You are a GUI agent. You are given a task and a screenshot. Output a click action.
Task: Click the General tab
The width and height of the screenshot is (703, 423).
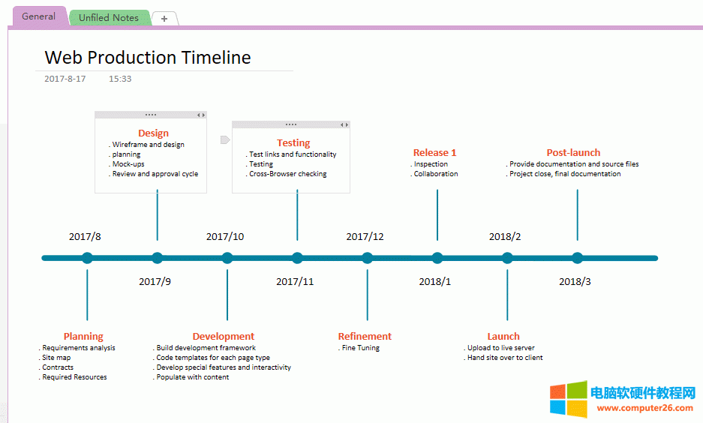pyautogui.click(x=38, y=16)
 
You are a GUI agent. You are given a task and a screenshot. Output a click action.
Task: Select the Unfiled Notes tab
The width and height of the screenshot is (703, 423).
pyautogui.click(x=109, y=18)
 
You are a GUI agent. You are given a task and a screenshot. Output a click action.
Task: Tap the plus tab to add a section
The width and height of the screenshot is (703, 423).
pyautogui.click(x=164, y=19)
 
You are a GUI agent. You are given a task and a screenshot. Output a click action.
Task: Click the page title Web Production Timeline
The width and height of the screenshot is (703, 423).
pyautogui.click(x=148, y=58)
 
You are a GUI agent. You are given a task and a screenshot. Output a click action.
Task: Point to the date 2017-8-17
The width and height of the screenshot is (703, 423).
pyautogui.click(x=65, y=79)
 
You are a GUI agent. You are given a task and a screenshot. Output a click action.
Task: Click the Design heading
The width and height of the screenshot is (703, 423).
pyautogui.click(x=153, y=133)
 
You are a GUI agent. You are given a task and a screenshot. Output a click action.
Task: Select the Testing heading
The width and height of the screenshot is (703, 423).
pyautogui.click(x=293, y=142)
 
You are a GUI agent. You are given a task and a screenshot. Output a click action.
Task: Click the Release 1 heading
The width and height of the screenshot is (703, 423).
pyautogui.click(x=434, y=153)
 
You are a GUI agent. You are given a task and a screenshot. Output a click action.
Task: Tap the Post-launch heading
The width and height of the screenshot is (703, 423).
pyautogui.click(x=573, y=153)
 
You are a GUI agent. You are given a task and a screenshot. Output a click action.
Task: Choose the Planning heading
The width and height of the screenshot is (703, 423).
pyautogui.click(x=83, y=337)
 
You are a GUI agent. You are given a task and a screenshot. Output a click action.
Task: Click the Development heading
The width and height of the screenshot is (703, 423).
pyautogui.click(x=224, y=337)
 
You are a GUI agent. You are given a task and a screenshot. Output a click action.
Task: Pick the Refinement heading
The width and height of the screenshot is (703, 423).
pyautogui.click(x=365, y=337)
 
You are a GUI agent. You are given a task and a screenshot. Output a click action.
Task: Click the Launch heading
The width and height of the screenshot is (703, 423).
pyautogui.click(x=503, y=337)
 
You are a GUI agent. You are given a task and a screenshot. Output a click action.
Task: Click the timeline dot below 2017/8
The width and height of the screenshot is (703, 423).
pyautogui.click(x=87, y=258)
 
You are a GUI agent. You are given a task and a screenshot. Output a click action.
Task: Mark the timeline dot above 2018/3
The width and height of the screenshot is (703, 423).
pyautogui.click(x=577, y=258)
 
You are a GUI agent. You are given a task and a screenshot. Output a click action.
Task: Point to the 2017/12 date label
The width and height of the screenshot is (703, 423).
pyautogui.click(x=365, y=237)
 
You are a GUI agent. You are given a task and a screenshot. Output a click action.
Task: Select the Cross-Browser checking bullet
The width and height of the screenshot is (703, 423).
pyautogui.click(x=288, y=174)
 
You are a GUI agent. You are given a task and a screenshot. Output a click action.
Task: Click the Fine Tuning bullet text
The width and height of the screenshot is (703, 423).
pyautogui.click(x=360, y=348)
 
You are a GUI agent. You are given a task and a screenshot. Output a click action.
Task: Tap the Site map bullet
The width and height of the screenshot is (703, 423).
pyautogui.click(x=56, y=358)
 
